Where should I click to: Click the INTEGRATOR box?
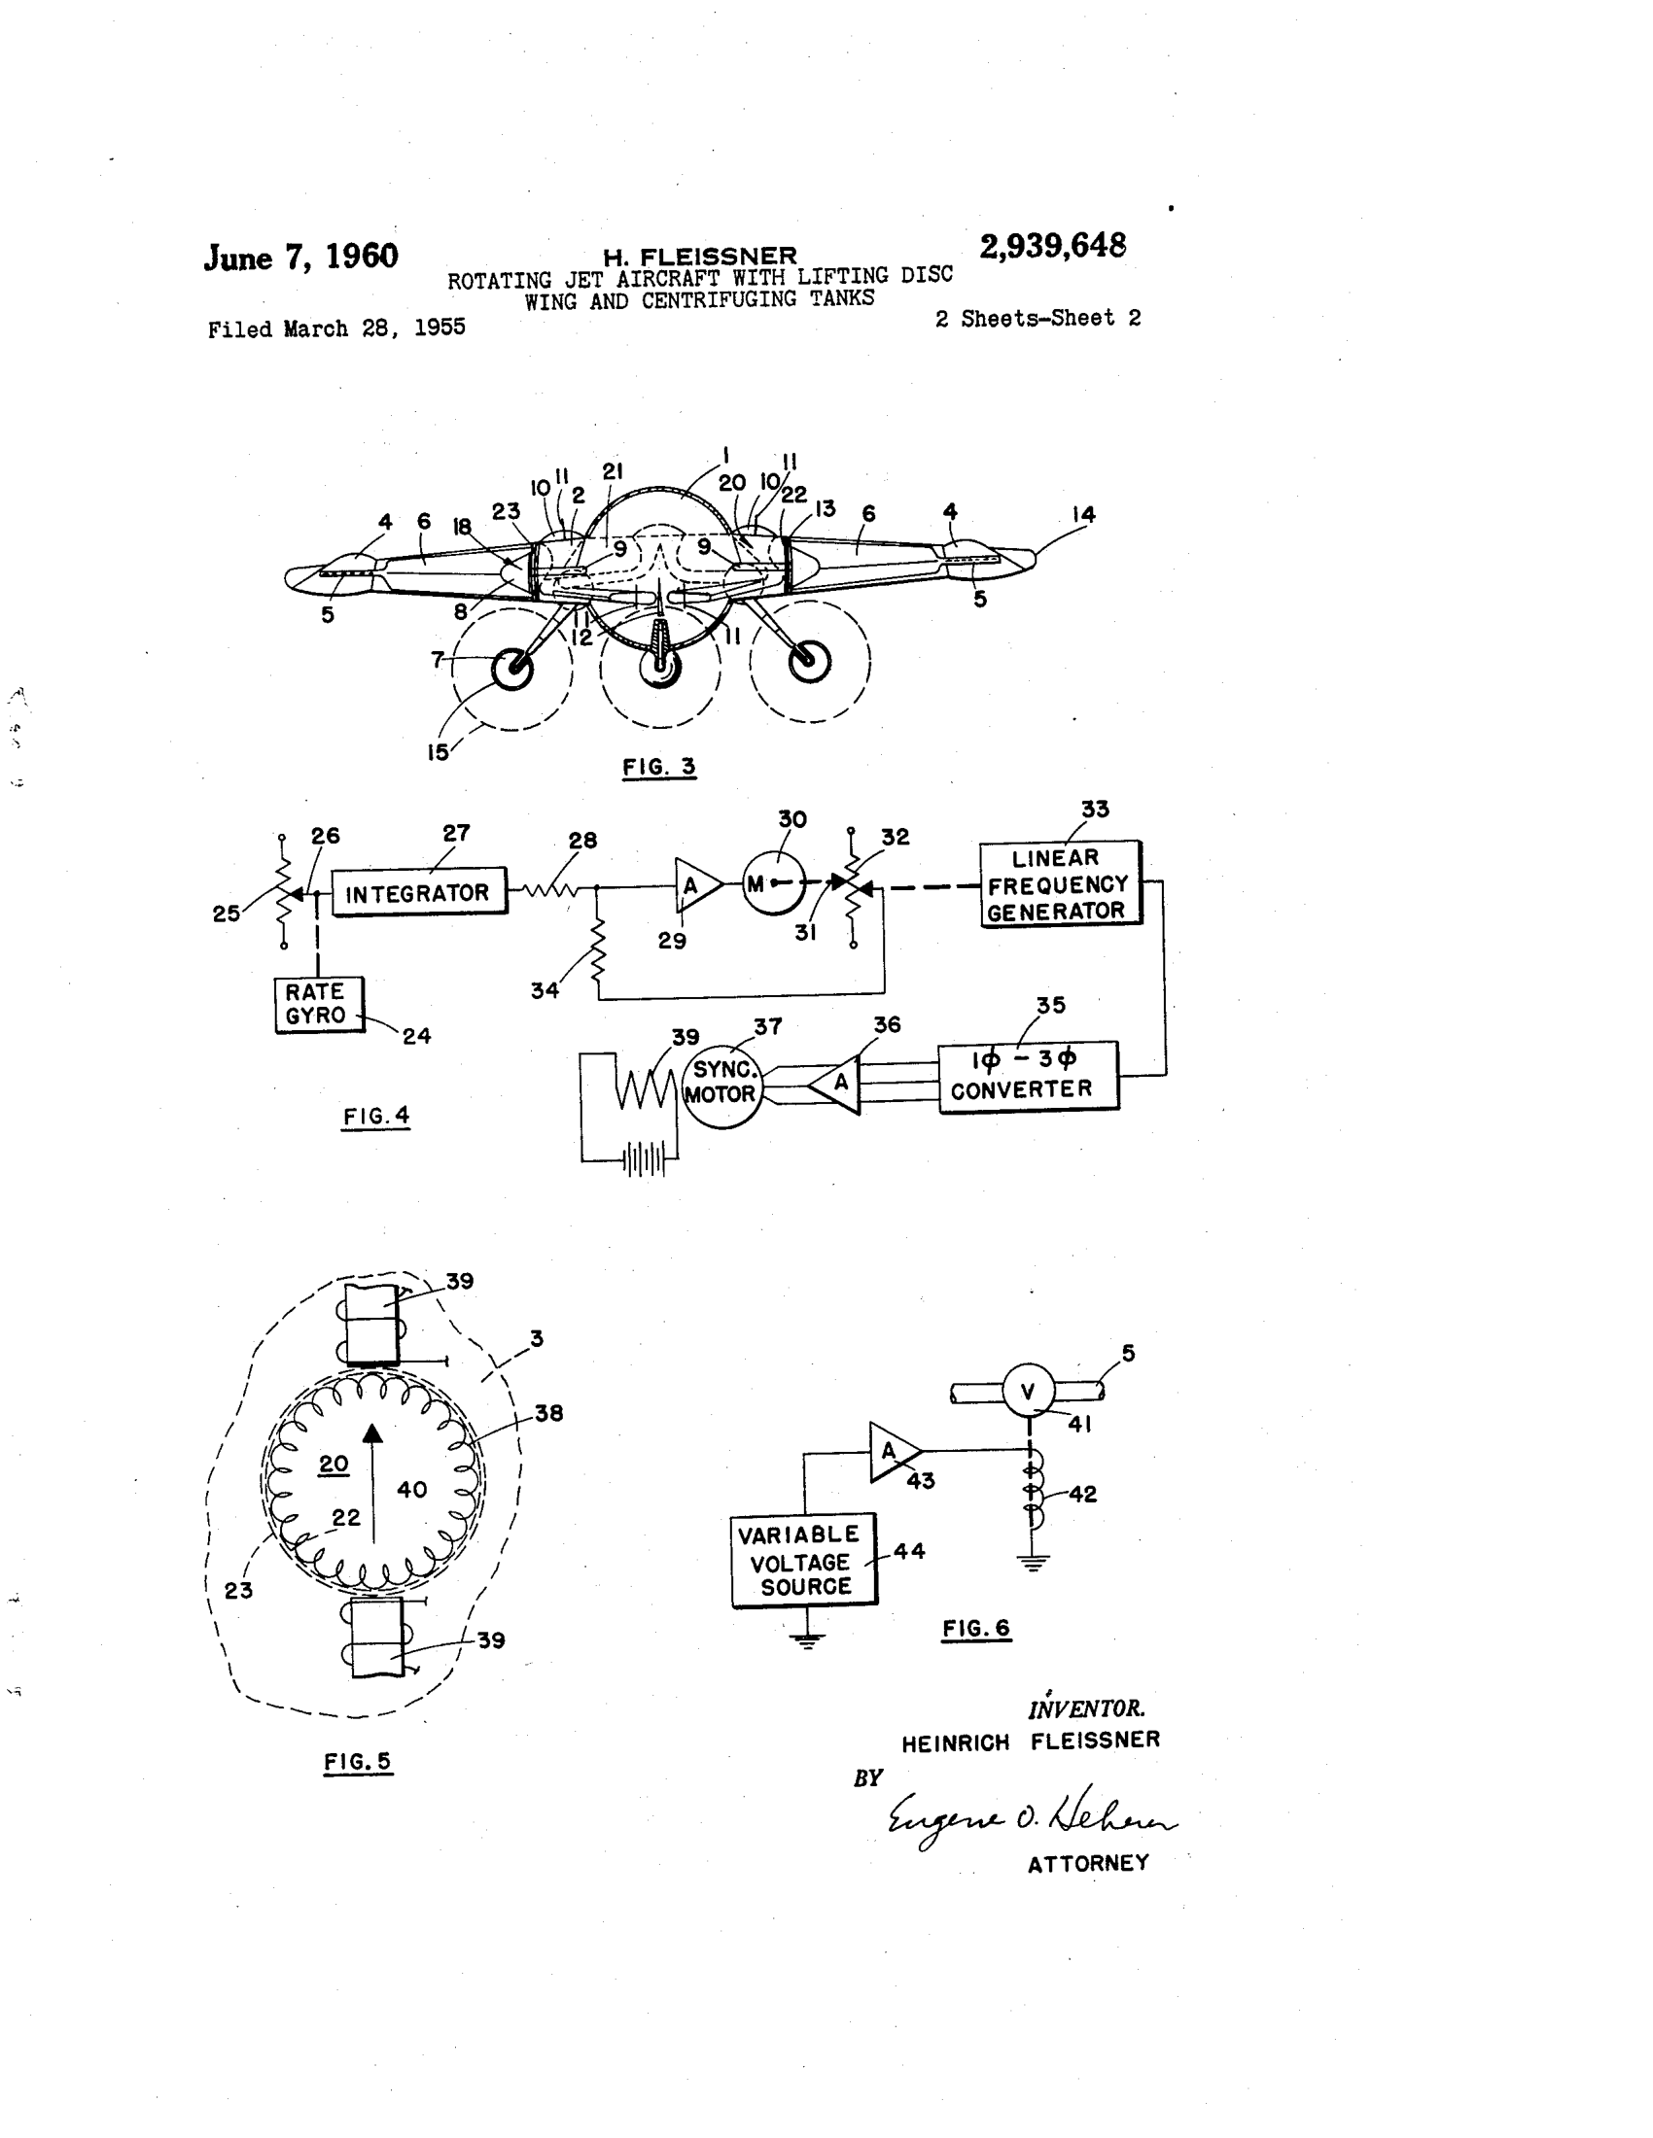(x=419, y=892)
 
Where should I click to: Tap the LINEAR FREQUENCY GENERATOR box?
(x=1060, y=884)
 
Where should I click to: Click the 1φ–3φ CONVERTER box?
(x=1027, y=1076)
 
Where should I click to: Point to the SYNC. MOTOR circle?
(x=721, y=1083)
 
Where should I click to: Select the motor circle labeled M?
(x=774, y=883)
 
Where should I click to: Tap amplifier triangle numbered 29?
(x=694, y=886)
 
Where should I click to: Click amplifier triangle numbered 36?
(x=838, y=1084)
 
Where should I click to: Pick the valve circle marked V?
(x=1027, y=1391)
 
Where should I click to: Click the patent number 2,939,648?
(x=1053, y=246)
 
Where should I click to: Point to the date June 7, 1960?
(x=300, y=258)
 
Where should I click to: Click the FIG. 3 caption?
(x=659, y=767)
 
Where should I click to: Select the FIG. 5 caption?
(x=358, y=1762)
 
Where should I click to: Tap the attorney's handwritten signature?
(x=1028, y=1822)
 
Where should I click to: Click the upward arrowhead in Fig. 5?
(x=372, y=1434)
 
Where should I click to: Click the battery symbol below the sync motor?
(x=645, y=1161)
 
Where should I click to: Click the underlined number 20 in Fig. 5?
(x=333, y=1464)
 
